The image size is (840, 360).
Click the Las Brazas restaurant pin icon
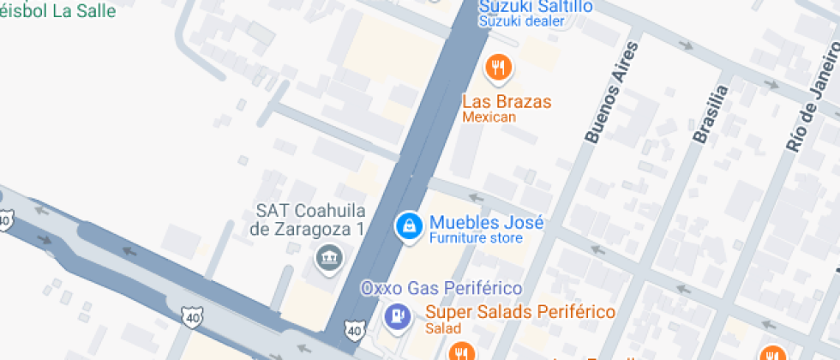498,68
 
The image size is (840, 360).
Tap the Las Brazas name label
507,101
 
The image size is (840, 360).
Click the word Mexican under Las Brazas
489,117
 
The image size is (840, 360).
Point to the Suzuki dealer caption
521,21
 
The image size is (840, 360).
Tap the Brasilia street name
711,115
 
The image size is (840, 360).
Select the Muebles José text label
486,223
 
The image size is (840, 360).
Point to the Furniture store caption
475,238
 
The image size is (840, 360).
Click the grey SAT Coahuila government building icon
327,255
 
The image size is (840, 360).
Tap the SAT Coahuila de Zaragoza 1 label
311,220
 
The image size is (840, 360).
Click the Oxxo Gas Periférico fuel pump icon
396,315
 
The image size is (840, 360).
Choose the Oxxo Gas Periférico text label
441,288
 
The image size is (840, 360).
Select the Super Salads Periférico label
520,312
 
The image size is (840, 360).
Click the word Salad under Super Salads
443,328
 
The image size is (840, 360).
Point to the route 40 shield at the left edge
5,221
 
